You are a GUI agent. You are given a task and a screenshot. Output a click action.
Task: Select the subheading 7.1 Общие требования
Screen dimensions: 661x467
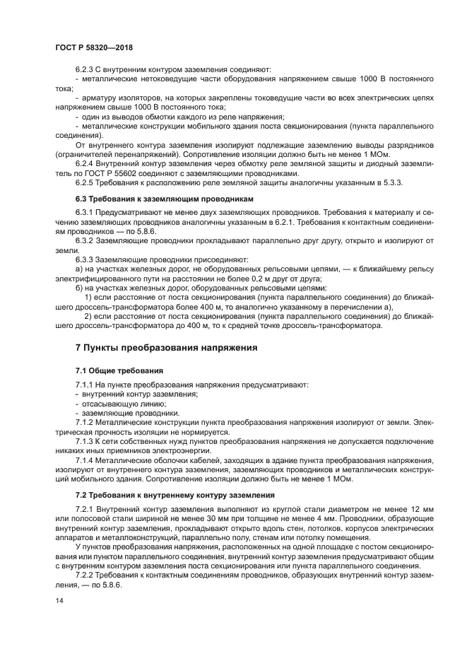pos(119,370)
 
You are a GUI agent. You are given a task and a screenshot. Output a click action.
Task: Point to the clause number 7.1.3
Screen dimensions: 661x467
pos(85,441)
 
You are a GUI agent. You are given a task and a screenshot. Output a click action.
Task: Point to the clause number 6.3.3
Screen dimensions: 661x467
pos(85,259)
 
